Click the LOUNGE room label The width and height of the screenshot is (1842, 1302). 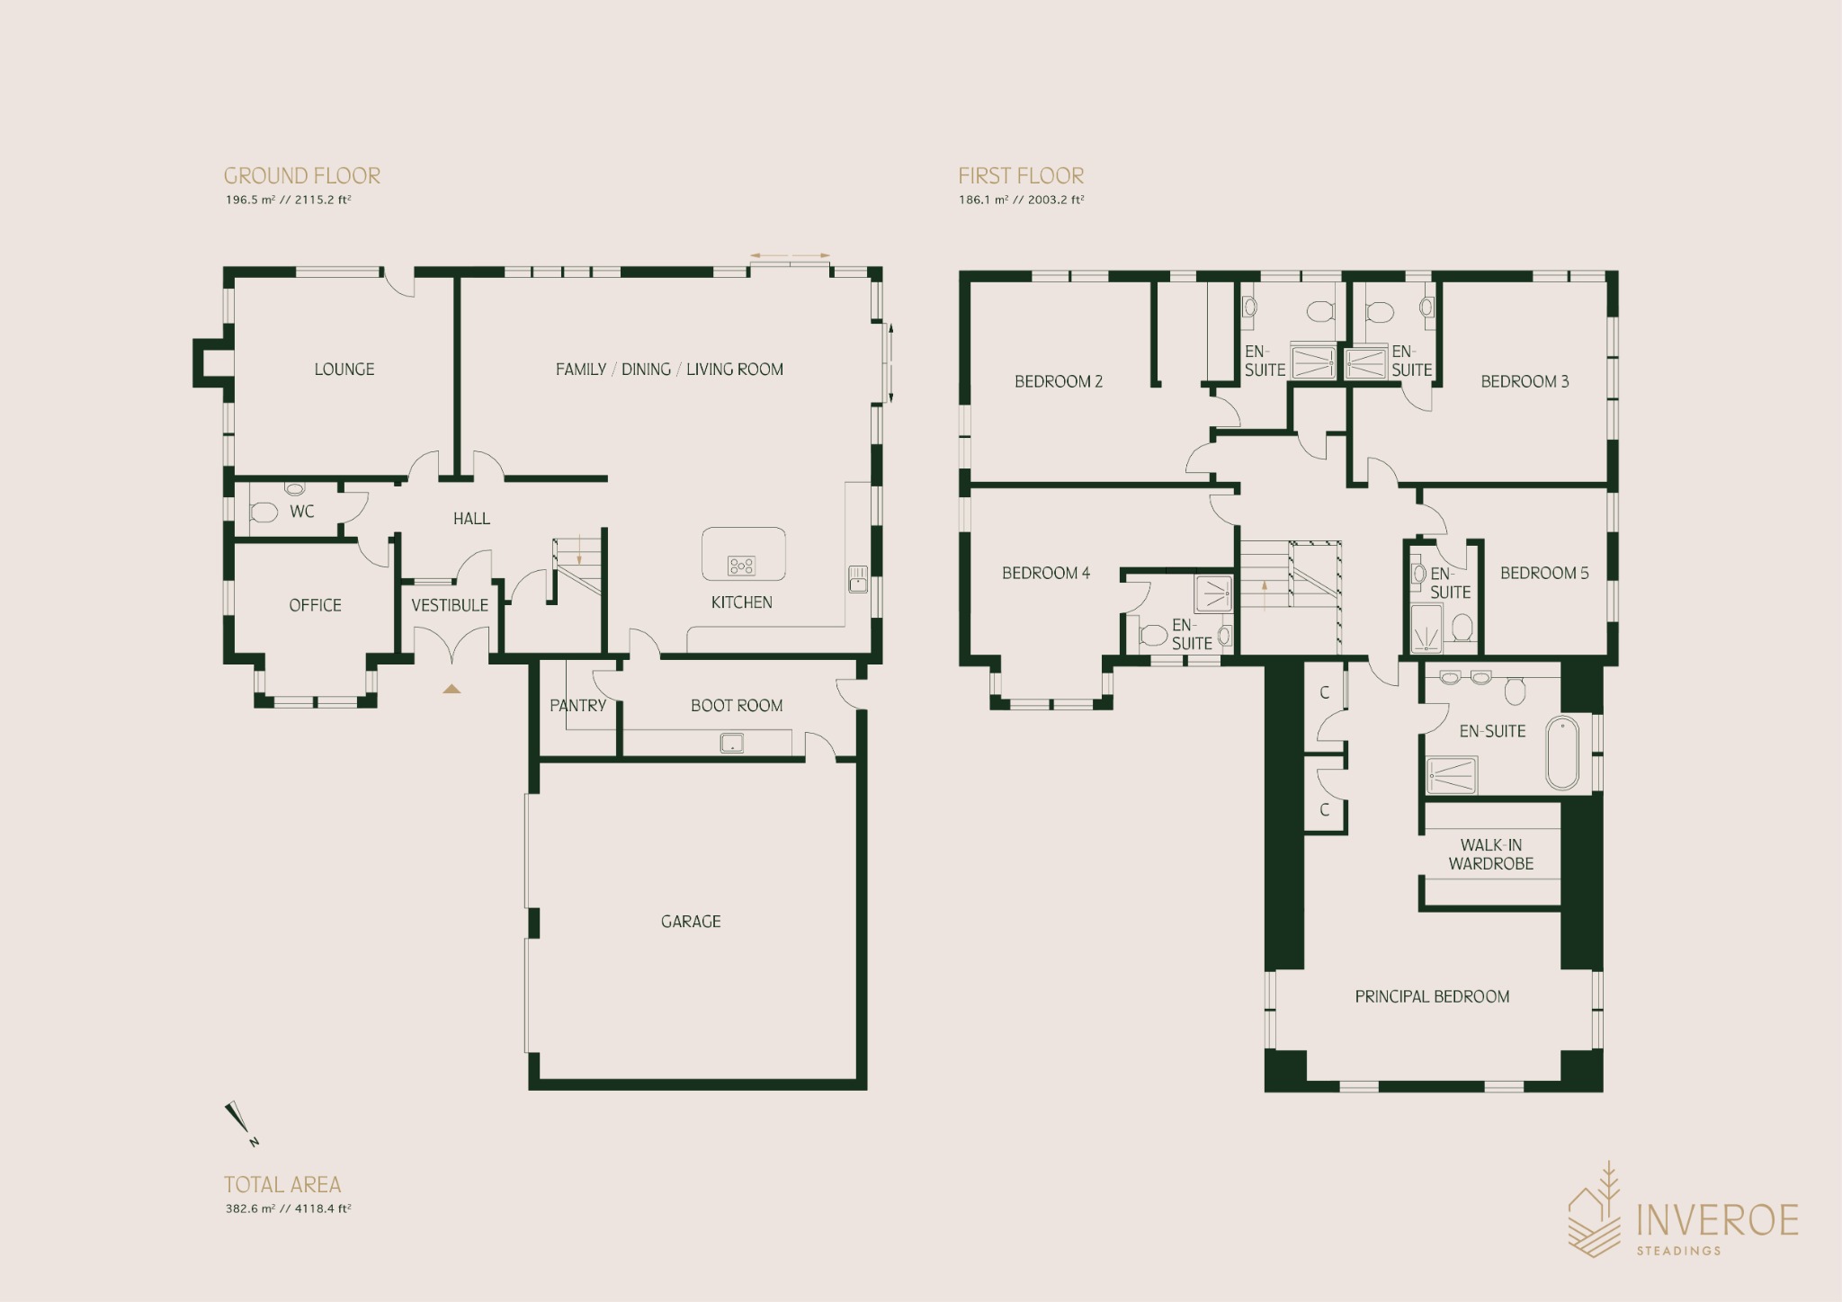click(344, 370)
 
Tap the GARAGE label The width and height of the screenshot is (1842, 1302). click(691, 922)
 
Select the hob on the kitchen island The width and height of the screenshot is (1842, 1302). click(742, 566)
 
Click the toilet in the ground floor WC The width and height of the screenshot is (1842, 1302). click(264, 513)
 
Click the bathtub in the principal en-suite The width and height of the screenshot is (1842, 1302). click(1563, 754)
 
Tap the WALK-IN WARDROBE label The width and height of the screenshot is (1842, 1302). click(1491, 854)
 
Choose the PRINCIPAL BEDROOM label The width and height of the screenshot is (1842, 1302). click(1432, 997)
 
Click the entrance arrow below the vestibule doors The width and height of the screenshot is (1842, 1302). click(452, 689)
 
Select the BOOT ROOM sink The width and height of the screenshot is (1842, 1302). click(732, 744)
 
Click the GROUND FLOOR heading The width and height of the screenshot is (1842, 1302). click(302, 176)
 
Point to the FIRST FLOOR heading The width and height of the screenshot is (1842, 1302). click(1021, 176)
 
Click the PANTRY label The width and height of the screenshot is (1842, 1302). click(578, 706)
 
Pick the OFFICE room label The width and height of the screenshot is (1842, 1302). click(315, 606)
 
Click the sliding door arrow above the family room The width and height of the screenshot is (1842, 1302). click(791, 256)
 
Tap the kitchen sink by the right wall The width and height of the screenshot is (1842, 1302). click(858, 579)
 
